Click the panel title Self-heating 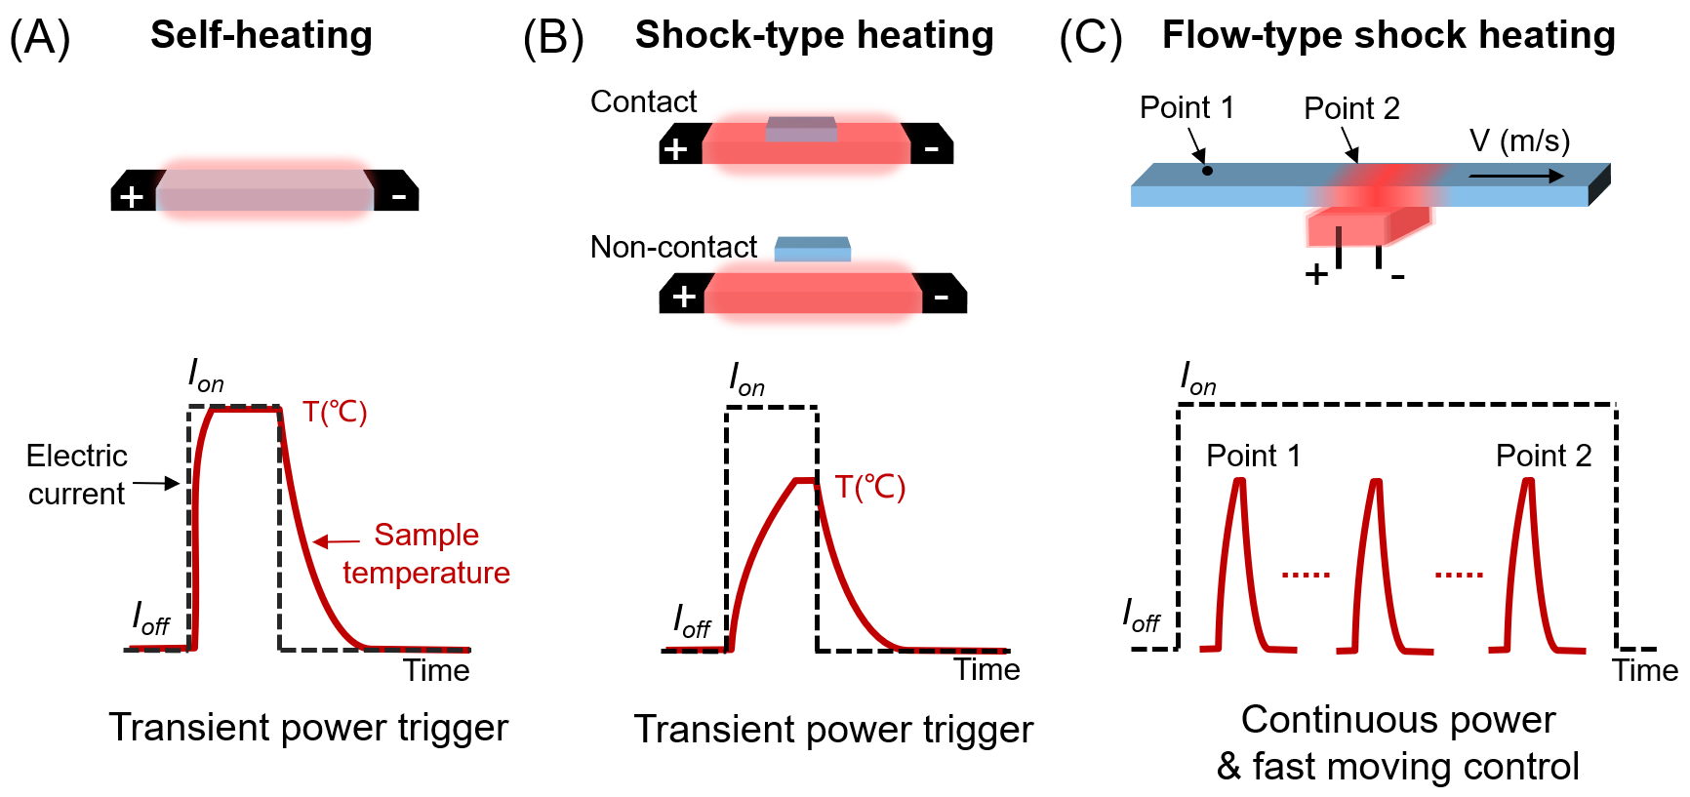pyautogui.click(x=261, y=35)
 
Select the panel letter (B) pyautogui.click(x=553, y=38)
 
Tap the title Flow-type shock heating pyautogui.click(x=1388, y=35)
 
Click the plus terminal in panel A pyautogui.click(x=132, y=196)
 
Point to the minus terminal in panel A pyautogui.click(x=398, y=196)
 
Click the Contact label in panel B pyautogui.click(x=643, y=101)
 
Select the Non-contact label pyautogui.click(x=673, y=247)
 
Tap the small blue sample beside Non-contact pyautogui.click(x=813, y=250)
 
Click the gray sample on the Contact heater pyautogui.click(x=801, y=129)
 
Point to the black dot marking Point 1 pyautogui.click(x=1207, y=171)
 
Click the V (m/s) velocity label pyautogui.click(x=1519, y=140)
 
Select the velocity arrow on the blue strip pyautogui.click(x=1515, y=177)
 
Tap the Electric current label pyautogui.click(x=76, y=474)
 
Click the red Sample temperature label pyautogui.click(x=426, y=553)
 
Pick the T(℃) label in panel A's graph pyautogui.click(x=335, y=412)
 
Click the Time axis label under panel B pyautogui.click(x=986, y=669)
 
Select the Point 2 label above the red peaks pyautogui.click(x=1544, y=456)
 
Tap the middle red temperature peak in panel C pyautogui.click(x=1376, y=566)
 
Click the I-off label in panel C pyautogui.click(x=1141, y=617)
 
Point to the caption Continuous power pyautogui.click(x=1397, y=719)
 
